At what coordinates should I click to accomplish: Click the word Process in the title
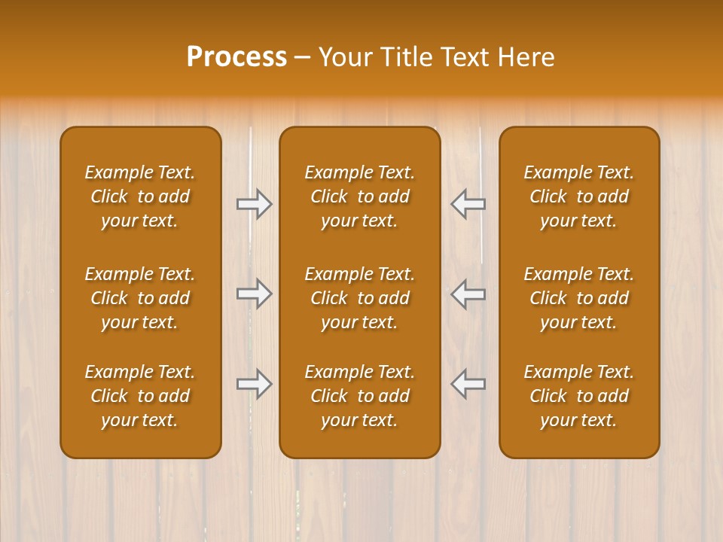(x=236, y=56)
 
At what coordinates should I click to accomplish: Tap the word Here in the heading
(x=525, y=56)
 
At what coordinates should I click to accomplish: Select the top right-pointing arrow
(x=255, y=204)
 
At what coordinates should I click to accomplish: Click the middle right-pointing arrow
(x=255, y=294)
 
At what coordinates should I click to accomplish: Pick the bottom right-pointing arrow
(x=255, y=384)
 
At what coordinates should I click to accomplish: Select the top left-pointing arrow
(x=468, y=204)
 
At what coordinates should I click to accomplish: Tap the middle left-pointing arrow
(x=468, y=294)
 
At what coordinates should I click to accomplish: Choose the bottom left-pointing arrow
(x=468, y=384)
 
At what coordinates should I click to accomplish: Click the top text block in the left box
(x=140, y=196)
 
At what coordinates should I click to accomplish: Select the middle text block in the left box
(x=140, y=298)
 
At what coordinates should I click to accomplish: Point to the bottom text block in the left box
(x=140, y=396)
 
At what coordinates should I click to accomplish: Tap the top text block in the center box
(x=359, y=196)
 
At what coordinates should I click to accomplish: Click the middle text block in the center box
(x=359, y=298)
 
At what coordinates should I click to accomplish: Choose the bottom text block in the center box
(x=359, y=396)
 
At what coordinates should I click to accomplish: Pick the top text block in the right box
(x=578, y=196)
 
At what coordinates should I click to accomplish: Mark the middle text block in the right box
(x=578, y=298)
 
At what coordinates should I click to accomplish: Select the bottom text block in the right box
(x=578, y=396)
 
